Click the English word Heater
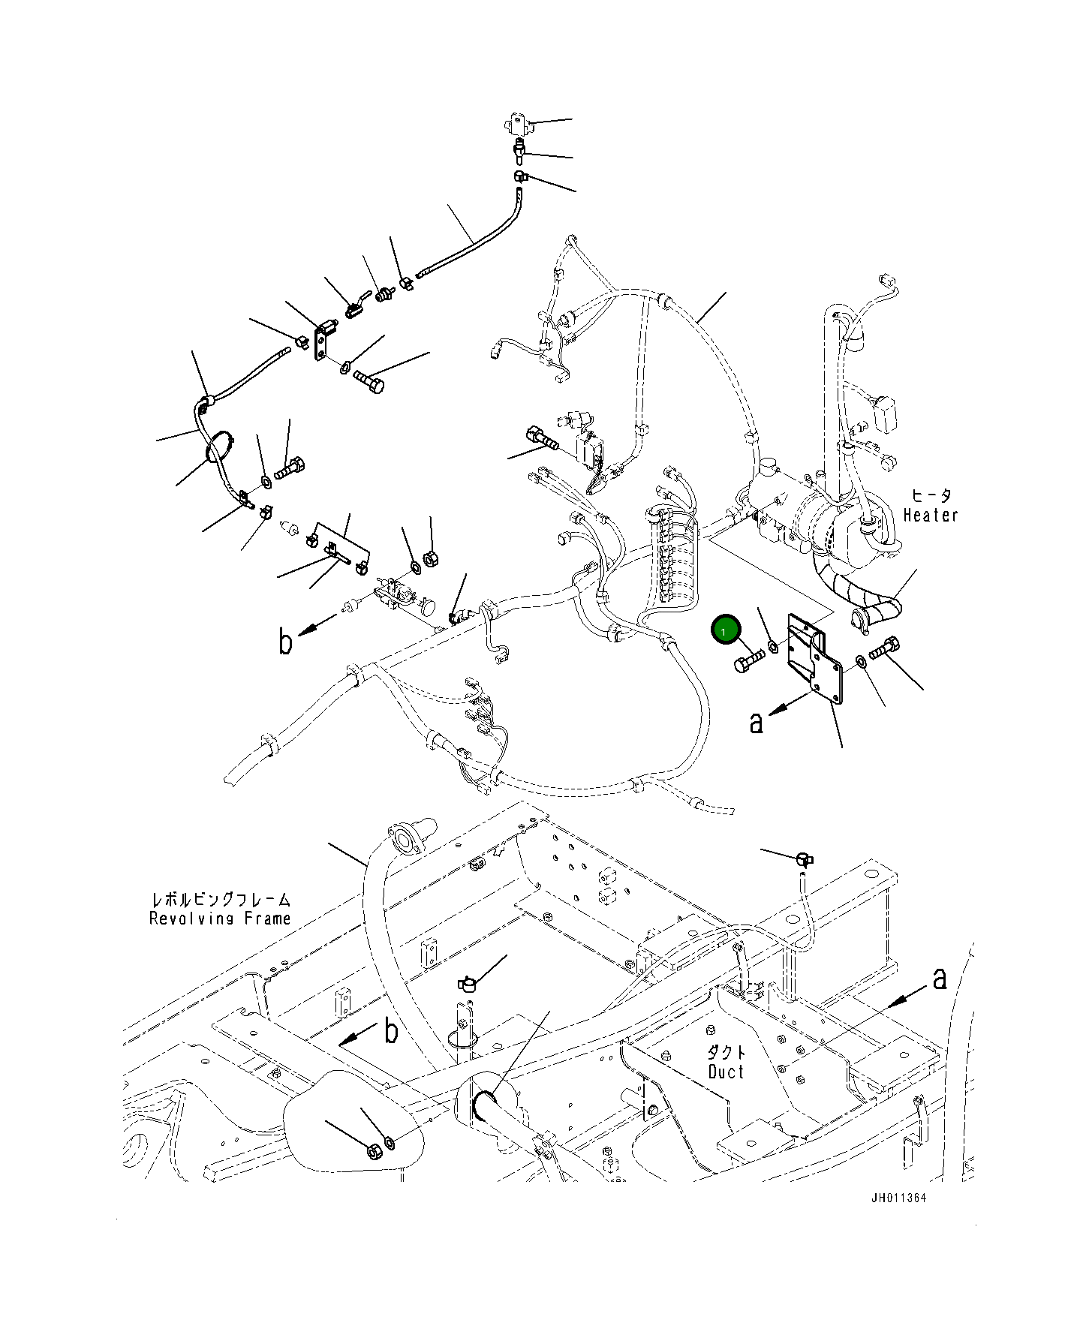click(931, 516)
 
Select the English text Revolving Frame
click(219, 919)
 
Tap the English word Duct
click(726, 1072)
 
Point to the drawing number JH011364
click(898, 1198)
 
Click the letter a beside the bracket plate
click(757, 722)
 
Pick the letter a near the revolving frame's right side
click(939, 979)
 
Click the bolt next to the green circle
click(748, 662)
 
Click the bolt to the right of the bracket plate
click(885, 648)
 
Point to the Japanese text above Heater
click(931, 495)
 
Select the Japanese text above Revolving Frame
click(221, 899)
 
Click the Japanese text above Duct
click(727, 1052)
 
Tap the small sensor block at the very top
click(517, 122)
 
